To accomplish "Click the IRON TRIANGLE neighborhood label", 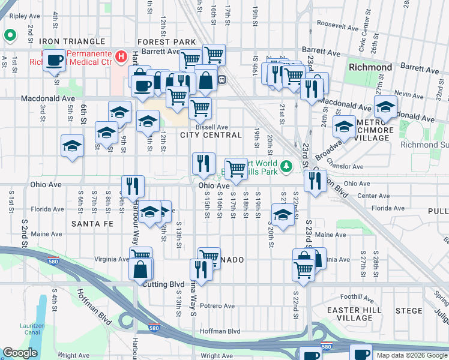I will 73,41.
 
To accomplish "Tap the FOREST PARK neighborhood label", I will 167,41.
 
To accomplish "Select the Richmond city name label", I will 370,67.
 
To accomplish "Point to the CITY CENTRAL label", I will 211,136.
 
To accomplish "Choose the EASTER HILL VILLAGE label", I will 351,314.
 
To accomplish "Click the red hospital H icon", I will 122,58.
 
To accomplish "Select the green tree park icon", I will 287,165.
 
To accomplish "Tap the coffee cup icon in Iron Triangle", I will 56,61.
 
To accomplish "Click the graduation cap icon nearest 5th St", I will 72,145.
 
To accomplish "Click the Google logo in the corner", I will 20,353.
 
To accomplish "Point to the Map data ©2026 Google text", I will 411,355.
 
